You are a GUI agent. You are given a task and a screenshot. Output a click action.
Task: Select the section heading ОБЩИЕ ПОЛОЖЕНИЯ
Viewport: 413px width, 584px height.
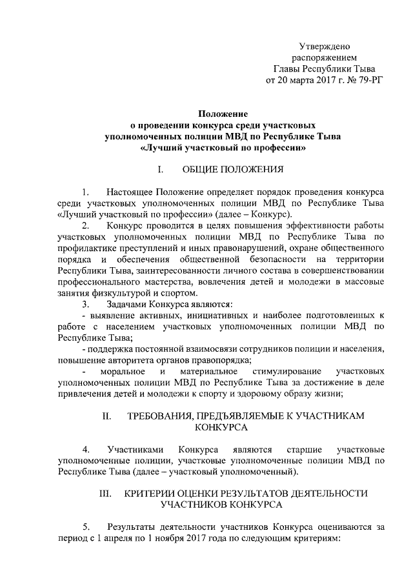pos(234,170)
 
